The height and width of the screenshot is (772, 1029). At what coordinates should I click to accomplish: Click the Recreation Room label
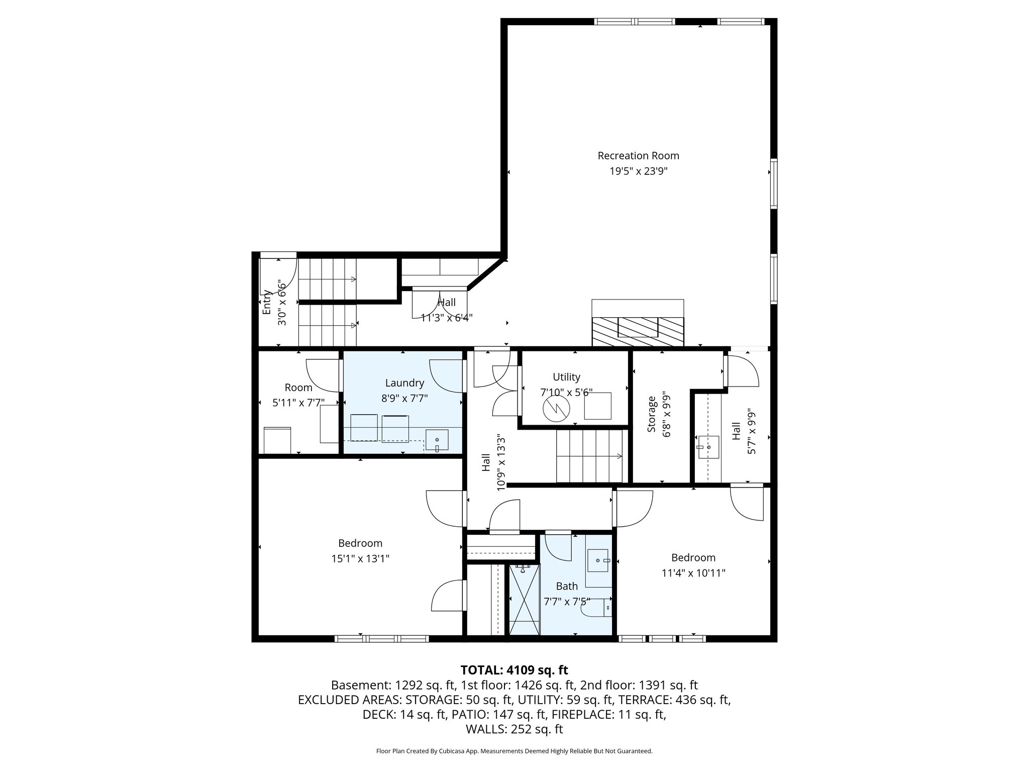tap(638, 156)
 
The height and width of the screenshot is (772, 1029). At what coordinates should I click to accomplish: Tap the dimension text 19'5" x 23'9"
tap(638, 171)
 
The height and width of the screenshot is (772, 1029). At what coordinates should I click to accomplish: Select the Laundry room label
tap(404, 382)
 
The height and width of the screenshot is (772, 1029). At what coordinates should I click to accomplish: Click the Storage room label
tap(652, 414)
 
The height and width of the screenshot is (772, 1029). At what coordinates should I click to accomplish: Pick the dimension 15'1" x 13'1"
tap(360, 558)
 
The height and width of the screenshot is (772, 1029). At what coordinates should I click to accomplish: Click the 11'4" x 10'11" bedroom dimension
tap(693, 572)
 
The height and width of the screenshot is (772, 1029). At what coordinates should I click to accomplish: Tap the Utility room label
tap(566, 377)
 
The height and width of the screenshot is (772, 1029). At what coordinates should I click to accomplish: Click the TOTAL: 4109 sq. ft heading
tap(514, 670)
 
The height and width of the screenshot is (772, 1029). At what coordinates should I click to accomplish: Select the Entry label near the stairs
tap(267, 302)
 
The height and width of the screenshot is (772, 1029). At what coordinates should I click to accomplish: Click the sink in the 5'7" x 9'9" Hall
tap(708, 446)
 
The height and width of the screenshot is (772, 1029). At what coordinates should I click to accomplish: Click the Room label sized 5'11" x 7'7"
tap(298, 388)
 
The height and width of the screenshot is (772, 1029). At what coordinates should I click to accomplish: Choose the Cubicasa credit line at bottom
tap(514, 751)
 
